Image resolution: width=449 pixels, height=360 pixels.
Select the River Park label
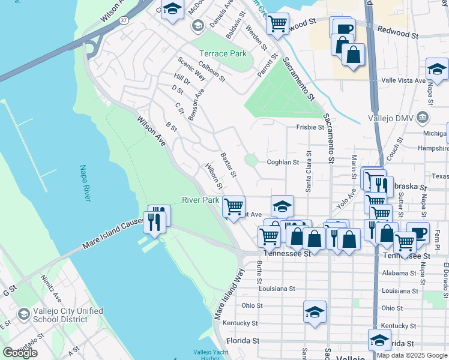pyautogui.click(x=200, y=200)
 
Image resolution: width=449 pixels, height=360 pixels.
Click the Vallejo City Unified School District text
pyautogui.click(x=68, y=315)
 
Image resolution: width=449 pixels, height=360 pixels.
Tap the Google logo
pyautogui.click(x=20, y=352)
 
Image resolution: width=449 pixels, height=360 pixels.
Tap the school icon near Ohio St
pyautogui.click(x=315, y=311)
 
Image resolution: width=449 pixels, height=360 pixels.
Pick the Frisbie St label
pyautogui.click(x=310, y=127)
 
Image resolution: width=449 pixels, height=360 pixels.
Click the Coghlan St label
pyautogui.click(x=282, y=162)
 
